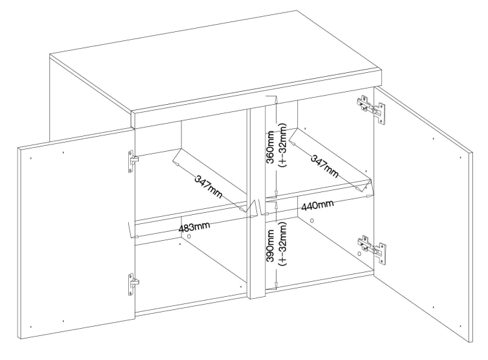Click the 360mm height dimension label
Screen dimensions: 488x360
click(270, 147)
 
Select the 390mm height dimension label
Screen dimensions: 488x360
click(270, 245)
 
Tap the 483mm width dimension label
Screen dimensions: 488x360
click(194, 227)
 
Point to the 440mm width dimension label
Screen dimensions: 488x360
click(318, 205)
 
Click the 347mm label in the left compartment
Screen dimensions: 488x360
click(208, 187)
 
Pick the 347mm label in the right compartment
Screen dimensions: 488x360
click(324, 166)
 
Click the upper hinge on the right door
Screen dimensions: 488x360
click(371, 109)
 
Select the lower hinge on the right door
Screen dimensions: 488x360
click(372, 249)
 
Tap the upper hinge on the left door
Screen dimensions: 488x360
click(133, 161)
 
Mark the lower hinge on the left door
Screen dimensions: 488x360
click(133, 284)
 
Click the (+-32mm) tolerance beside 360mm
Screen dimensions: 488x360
click(282, 145)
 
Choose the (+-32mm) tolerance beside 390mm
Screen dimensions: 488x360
click(282, 244)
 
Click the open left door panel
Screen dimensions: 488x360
click(77, 234)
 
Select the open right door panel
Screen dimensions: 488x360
click(424, 215)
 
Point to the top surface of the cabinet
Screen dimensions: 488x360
click(215, 62)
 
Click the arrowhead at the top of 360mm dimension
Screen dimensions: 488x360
click(275, 98)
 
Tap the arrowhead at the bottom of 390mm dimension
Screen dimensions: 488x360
click(276, 284)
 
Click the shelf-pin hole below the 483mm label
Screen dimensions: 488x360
click(189, 236)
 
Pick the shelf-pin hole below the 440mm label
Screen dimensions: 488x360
click(312, 221)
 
